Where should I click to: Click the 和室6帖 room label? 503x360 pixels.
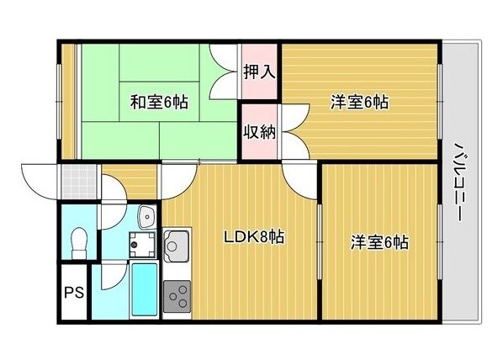(159, 103)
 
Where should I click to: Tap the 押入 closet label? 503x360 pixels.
(259, 71)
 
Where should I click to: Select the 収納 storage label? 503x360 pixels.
(259, 131)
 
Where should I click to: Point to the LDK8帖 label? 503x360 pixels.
(253, 237)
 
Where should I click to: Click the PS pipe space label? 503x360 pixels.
(74, 293)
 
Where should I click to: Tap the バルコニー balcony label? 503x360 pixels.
(462, 182)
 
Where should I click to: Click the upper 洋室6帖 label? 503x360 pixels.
(359, 103)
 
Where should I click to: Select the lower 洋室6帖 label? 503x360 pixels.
(379, 242)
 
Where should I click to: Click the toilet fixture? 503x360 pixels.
(79, 243)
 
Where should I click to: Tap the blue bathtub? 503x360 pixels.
(145, 289)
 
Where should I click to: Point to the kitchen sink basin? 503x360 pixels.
(176, 246)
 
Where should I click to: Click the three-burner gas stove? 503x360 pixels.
(177, 296)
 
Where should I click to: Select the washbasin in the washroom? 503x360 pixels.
(147, 216)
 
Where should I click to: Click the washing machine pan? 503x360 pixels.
(142, 245)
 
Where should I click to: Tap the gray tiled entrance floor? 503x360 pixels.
(79, 182)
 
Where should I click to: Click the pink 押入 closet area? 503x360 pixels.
(259, 71)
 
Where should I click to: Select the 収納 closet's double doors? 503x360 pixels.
(295, 131)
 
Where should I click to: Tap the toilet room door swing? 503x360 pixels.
(114, 215)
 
